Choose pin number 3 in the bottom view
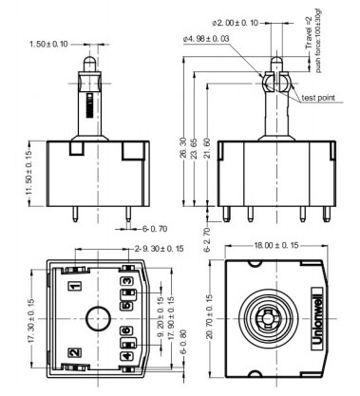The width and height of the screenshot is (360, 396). pyautogui.click(x=126, y=282)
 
